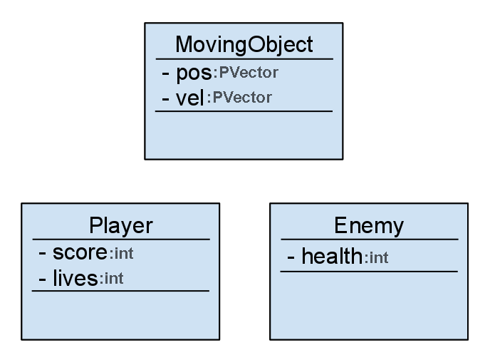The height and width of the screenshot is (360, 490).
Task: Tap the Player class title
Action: (x=121, y=226)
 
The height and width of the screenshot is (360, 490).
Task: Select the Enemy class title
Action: (x=369, y=226)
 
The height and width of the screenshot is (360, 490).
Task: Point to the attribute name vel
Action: (x=190, y=98)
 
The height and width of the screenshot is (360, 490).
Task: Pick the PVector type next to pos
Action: (x=246, y=73)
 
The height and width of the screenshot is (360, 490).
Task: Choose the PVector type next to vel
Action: (x=240, y=98)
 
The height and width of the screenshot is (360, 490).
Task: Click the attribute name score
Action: (x=80, y=252)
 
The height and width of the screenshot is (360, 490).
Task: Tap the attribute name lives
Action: (x=75, y=278)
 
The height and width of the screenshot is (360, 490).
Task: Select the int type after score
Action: (x=122, y=254)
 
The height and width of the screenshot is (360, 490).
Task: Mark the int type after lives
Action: (x=112, y=279)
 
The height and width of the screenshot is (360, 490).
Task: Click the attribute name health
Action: (x=332, y=256)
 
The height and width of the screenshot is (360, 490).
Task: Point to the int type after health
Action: (x=377, y=258)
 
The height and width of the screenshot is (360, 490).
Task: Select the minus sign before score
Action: (x=42, y=253)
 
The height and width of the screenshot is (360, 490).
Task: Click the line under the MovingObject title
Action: (x=244, y=58)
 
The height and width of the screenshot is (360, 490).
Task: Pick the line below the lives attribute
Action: (x=120, y=291)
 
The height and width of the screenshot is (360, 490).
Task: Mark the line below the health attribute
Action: (x=369, y=272)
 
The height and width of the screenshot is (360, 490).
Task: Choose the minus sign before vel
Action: (x=166, y=99)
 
